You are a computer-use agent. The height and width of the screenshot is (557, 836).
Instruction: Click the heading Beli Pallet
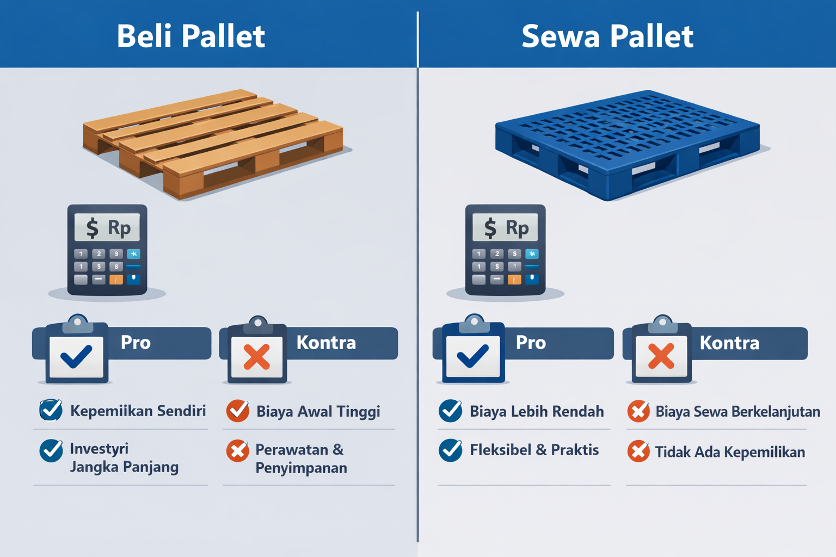coord(190,36)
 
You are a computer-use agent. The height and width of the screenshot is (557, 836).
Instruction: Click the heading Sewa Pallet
coord(607,36)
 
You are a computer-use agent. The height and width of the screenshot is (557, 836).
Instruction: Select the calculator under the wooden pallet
coord(107,250)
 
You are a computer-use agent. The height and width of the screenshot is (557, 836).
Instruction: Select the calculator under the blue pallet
coord(505,250)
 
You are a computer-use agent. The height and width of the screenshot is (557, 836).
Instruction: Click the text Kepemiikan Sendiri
coord(138,411)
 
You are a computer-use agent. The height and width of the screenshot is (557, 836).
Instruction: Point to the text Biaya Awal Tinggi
coord(318,412)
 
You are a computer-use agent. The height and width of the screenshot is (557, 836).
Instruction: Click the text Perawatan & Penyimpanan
coord(300,459)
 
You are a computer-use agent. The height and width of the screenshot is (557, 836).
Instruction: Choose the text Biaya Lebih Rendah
coord(537,411)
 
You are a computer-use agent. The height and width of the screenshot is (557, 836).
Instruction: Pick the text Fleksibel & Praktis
coord(534,450)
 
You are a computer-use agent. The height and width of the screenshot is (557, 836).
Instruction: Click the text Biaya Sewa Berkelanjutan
coord(737,412)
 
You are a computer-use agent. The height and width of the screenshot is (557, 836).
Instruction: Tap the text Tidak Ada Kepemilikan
coord(729,452)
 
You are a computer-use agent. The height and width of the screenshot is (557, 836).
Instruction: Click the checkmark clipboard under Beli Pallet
coord(76,354)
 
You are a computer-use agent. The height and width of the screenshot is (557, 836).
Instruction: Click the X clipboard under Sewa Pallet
coord(661,354)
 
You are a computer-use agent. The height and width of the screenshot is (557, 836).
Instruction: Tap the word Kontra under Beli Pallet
coord(326,343)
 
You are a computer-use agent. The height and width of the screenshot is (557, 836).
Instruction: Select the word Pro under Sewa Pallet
coord(531,343)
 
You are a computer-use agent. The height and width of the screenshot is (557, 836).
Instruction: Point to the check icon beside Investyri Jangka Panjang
coord(51,451)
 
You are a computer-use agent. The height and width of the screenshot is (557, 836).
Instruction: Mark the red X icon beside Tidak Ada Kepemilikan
coord(638,451)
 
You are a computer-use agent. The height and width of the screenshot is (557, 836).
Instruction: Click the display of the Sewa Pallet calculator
coord(505,227)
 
